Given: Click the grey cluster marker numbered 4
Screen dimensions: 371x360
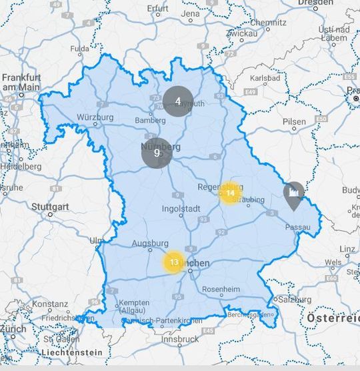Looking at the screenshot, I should click(x=178, y=101).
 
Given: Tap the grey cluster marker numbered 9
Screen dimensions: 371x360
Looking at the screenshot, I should click(x=157, y=153).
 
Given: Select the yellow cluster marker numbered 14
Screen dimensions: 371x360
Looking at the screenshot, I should click(x=230, y=193).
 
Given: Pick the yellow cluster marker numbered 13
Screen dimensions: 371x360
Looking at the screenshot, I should click(x=174, y=262).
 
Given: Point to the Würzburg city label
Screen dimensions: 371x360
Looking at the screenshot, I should click(x=95, y=118).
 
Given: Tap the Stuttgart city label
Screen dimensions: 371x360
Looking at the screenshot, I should click(x=50, y=207).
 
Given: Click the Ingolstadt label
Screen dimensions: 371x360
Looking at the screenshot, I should click(x=181, y=209).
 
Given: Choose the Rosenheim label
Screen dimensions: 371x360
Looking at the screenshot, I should click(x=221, y=290).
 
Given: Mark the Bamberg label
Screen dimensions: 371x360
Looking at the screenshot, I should click(x=150, y=120).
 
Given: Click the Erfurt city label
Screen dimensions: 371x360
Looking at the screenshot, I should click(x=158, y=9).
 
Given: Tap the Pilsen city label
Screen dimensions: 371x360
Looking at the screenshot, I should click(x=295, y=121).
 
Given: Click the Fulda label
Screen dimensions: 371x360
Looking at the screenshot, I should click(x=79, y=49).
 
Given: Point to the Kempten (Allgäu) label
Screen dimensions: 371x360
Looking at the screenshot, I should click(x=134, y=306).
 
